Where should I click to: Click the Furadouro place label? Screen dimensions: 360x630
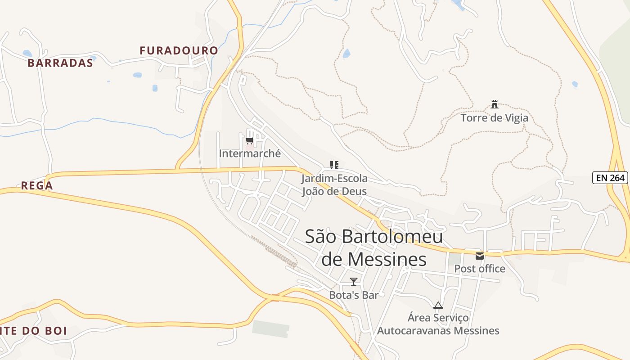(x=179, y=50)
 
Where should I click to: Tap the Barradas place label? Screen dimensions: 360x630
(x=60, y=63)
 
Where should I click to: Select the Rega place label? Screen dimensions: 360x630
(x=37, y=185)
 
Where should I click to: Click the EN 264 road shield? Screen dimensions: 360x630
(x=610, y=178)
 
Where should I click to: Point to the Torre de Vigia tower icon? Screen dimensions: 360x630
(x=495, y=105)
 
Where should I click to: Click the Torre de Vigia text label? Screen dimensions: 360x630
(x=494, y=118)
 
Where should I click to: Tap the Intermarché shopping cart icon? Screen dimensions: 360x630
(x=250, y=141)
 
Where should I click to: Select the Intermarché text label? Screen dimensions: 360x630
(x=250, y=153)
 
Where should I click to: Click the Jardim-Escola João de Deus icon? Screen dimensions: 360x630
(x=334, y=165)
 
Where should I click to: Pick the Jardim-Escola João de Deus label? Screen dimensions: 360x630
(x=334, y=184)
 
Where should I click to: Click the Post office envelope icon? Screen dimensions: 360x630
(x=480, y=256)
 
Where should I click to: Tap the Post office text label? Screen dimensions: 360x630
(x=480, y=269)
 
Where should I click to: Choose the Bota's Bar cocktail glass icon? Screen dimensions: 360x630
(x=354, y=282)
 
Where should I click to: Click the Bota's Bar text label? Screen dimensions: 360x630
(x=354, y=295)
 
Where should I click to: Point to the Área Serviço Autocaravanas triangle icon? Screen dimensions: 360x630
(x=438, y=306)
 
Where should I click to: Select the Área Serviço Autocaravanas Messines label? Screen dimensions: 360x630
(x=438, y=324)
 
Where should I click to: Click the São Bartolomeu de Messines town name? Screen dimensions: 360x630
(x=373, y=247)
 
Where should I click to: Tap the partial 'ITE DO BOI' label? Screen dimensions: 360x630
(x=34, y=331)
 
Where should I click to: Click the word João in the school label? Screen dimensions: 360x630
(x=315, y=191)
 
